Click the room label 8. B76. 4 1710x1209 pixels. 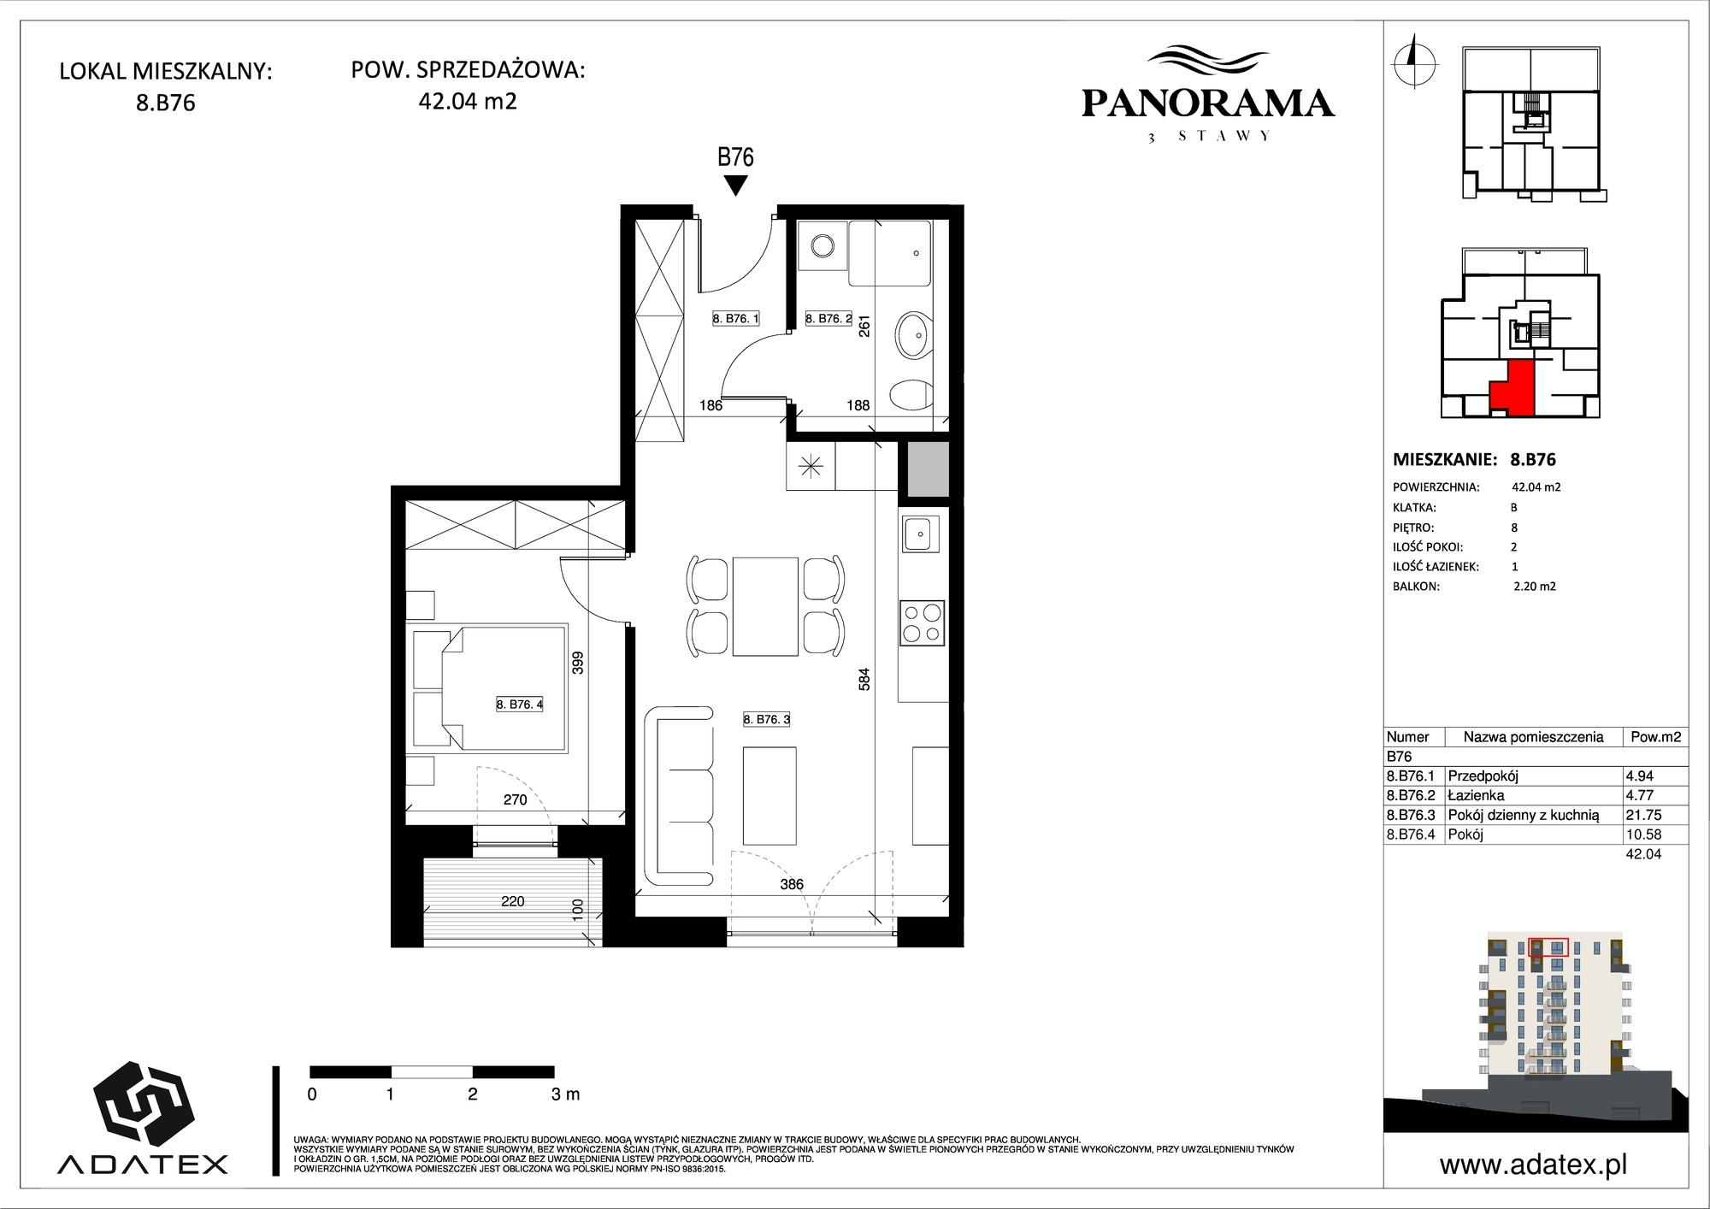coord(520,705)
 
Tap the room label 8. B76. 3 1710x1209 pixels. coord(767,719)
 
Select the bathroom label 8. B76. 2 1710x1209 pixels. coord(828,318)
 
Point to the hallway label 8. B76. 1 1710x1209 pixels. coord(736,318)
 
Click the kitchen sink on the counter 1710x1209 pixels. coord(919,535)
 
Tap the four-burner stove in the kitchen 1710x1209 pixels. coord(922,623)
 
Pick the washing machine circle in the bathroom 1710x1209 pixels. coord(823,246)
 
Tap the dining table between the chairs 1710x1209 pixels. coord(765,606)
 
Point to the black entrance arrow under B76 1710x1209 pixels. coord(735,186)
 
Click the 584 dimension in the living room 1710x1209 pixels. coord(864,680)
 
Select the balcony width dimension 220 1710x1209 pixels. coord(513,901)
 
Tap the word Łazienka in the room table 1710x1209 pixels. coord(1476,795)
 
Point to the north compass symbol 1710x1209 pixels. coord(1415,62)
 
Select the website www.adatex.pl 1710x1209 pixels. coord(1533,1165)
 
